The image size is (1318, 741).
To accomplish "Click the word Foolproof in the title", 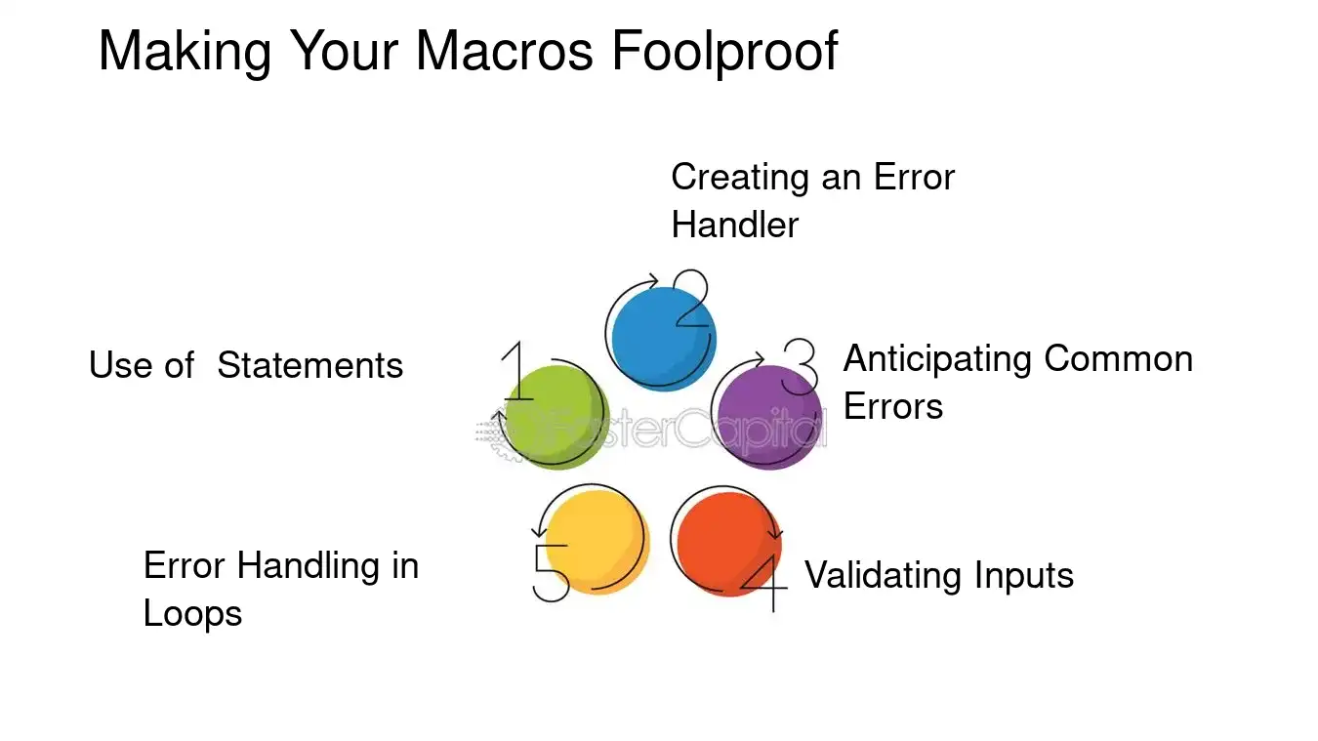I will (724, 51).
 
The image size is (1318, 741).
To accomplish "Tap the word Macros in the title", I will (504, 51).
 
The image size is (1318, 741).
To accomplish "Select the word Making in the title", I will (185, 51).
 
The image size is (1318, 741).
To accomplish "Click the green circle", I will (556, 419).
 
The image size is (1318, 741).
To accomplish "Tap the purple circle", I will (767, 418).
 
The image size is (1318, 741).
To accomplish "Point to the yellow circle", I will (596, 543).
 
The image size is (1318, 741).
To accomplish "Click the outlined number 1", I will (517, 374).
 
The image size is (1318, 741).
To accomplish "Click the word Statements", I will (309, 366).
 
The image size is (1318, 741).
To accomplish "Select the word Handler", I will (734, 226).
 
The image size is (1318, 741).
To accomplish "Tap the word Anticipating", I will (938, 359).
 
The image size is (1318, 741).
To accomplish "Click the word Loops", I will (192, 614).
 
